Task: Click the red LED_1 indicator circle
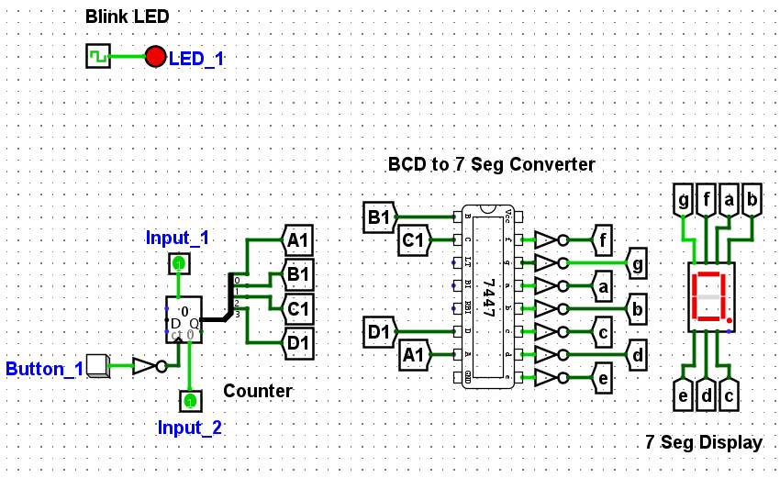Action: (x=155, y=57)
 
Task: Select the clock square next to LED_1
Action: (x=98, y=57)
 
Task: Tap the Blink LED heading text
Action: (x=127, y=17)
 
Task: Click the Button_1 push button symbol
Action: (x=96, y=365)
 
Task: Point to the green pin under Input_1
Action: (x=179, y=264)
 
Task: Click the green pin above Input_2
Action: (x=189, y=401)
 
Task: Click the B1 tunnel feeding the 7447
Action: (x=379, y=217)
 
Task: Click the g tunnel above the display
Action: (x=684, y=200)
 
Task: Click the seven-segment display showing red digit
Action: (x=711, y=298)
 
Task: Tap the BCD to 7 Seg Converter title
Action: (x=491, y=165)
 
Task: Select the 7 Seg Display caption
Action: (x=703, y=443)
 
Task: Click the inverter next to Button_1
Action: (x=147, y=366)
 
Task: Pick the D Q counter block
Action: (x=184, y=320)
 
